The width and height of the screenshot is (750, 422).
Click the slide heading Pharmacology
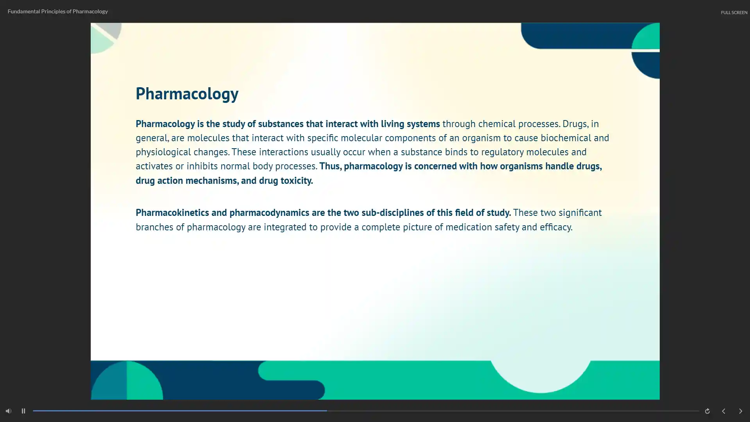click(x=187, y=94)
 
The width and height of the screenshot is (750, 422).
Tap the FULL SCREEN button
click(x=734, y=13)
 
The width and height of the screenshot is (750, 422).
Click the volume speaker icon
click(x=9, y=411)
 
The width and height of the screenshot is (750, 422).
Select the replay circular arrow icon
click(x=707, y=411)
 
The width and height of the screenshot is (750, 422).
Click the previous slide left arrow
click(x=723, y=411)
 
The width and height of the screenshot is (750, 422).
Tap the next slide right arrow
click(x=740, y=411)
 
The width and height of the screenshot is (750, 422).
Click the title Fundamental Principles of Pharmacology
click(x=58, y=11)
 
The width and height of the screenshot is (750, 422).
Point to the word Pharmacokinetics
click(x=172, y=212)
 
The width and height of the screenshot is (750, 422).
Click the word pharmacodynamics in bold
click(x=269, y=213)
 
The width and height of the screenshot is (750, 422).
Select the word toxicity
click(x=297, y=181)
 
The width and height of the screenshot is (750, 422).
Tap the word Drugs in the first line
click(x=575, y=124)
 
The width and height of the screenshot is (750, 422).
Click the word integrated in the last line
click(x=285, y=227)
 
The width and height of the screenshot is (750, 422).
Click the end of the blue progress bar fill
click(x=327, y=411)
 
